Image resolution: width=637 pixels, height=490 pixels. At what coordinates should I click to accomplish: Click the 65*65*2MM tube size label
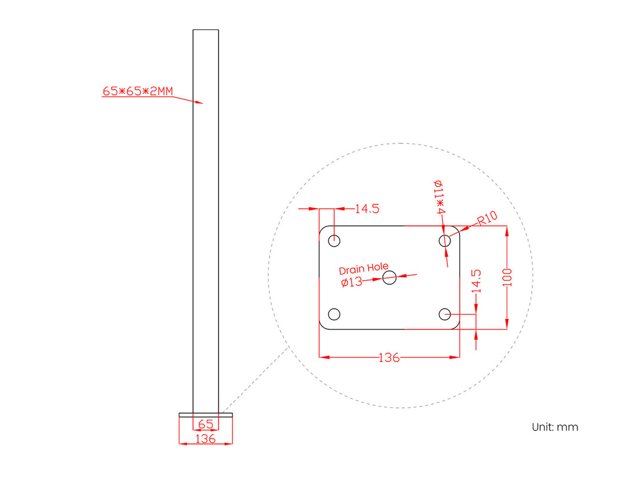(x=137, y=91)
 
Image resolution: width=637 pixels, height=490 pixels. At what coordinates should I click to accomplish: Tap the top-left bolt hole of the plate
(x=334, y=240)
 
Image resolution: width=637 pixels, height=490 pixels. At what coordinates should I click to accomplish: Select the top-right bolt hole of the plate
(x=445, y=240)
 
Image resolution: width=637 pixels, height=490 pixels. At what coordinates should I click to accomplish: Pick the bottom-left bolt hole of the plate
(x=334, y=314)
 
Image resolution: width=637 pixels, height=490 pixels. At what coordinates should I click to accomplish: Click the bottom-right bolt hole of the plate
(x=445, y=314)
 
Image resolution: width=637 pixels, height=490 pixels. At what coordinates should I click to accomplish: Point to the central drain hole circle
(x=389, y=277)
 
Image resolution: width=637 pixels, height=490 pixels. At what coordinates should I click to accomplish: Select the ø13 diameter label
(x=352, y=282)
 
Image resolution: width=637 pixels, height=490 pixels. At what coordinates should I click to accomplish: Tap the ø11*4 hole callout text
(x=439, y=197)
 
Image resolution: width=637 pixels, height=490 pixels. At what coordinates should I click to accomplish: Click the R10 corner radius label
(x=488, y=218)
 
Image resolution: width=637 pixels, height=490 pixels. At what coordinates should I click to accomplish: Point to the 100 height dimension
(x=508, y=277)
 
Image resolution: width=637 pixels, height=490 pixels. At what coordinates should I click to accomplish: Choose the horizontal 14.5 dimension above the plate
(x=367, y=208)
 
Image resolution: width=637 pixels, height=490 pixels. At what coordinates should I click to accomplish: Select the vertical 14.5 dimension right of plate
(x=477, y=281)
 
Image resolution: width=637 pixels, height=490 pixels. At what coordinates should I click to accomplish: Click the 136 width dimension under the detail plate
(x=389, y=357)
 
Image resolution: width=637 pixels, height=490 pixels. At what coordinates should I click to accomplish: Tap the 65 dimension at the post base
(x=205, y=424)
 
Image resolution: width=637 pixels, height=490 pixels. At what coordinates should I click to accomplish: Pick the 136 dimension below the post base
(x=205, y=439)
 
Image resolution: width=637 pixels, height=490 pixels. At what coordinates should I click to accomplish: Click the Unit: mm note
(x=554, y=427)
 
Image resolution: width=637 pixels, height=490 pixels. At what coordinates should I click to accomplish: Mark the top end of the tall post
(x=205, y=30)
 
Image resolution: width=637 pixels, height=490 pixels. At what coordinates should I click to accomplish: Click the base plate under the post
(x=205, y=415)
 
